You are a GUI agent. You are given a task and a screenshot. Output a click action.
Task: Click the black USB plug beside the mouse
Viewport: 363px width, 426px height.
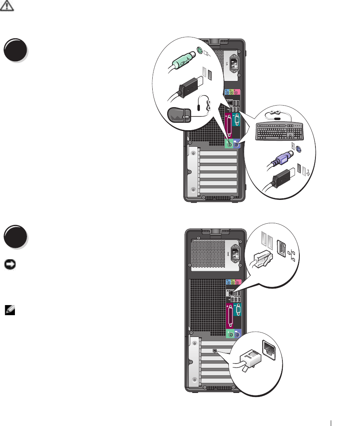pos(189,88)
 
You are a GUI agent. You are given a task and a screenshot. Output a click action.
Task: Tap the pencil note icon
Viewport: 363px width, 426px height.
pos(8,309)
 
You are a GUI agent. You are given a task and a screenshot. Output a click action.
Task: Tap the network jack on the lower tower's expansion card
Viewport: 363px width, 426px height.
pos(216,351)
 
